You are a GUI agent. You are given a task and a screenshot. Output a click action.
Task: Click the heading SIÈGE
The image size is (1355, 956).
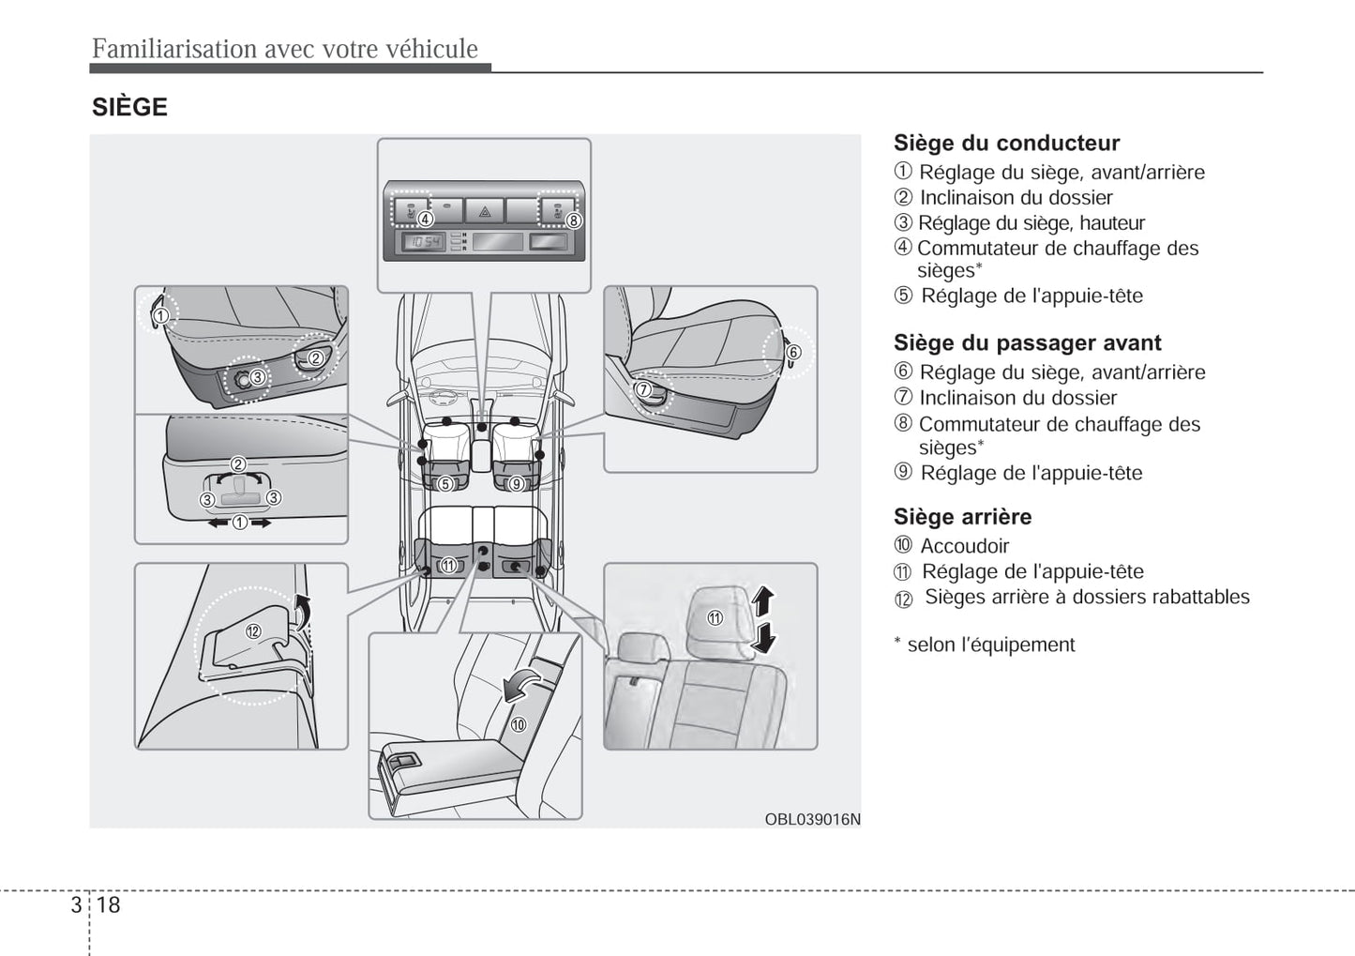[x=129, y=107]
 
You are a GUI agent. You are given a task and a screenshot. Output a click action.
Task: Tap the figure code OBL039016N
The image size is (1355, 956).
[x=812, y=819]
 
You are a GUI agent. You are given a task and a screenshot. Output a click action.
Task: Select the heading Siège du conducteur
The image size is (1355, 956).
[x=1006, y=143]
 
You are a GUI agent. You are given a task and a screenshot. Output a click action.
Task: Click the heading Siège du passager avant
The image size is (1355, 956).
[x=1027, y=342]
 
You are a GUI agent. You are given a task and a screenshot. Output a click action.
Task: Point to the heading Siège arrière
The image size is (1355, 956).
[x=962, y=516]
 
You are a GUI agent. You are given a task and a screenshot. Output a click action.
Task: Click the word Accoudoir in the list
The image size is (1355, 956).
[x=964, y=545]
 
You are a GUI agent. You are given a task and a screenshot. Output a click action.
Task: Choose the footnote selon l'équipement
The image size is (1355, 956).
[x=990, y=645]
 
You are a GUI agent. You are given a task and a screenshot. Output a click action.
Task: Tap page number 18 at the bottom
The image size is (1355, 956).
[x=109, y=904]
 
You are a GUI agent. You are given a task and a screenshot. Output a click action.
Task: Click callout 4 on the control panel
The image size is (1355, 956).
[x=426, y=220]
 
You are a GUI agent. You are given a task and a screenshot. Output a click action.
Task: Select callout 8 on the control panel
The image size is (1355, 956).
[x=573, y=220]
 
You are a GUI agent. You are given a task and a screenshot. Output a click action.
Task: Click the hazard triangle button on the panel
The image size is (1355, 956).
[x=485, y=211]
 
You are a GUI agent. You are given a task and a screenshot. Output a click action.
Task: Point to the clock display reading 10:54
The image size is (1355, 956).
[x=425, y=242]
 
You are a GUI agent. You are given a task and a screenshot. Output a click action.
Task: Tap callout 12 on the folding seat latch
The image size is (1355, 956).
[x=253, y=631]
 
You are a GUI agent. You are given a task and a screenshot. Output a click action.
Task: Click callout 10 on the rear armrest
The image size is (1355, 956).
[x=518, y=724]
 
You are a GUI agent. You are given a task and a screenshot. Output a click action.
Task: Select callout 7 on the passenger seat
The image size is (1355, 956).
[x=643, y=389]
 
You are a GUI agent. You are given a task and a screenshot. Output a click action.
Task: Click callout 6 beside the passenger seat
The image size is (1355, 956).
[x=793, y=353]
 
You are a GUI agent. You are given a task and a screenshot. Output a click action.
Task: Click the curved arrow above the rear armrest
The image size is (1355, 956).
[x=521, y=685]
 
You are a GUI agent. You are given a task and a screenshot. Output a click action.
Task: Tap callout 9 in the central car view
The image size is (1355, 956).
[x=516, y=484]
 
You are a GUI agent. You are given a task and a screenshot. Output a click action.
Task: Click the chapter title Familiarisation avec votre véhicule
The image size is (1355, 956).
[x=285, y=49]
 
